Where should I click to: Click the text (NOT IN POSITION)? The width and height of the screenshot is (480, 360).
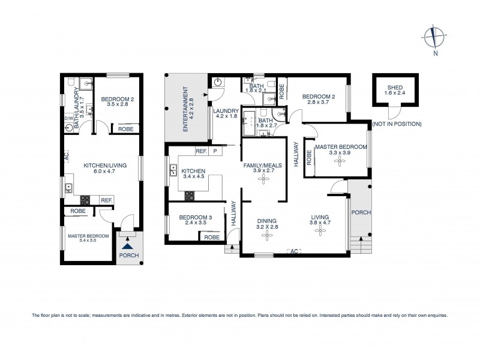coord(397,124)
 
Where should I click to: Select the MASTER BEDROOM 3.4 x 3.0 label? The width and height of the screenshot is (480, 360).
coord(88,239)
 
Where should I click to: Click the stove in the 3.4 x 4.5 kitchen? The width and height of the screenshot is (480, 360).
coord(190,194)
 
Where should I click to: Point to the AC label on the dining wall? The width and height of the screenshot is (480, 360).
coord(294,251)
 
